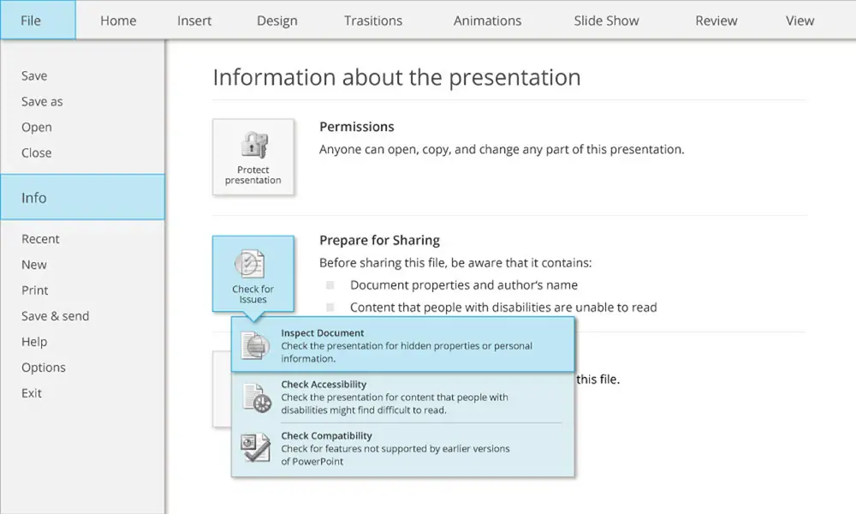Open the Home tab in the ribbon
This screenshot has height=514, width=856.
(118, 21)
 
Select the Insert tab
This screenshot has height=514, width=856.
(194, 21)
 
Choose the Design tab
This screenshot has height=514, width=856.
(277, 21)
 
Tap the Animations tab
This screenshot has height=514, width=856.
(488, 21)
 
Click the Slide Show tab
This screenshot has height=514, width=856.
(606, 21)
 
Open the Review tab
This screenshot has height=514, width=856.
(716, 21)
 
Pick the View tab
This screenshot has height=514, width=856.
(800, 21)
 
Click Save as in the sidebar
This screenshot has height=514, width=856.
(42, 102)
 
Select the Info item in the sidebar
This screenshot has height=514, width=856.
(82, 197)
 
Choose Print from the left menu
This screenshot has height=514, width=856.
(35, 290)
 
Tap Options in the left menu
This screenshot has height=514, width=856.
(44, 368)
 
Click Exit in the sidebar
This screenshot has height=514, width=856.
(32, 393)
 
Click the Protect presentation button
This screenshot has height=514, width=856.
(253, 158)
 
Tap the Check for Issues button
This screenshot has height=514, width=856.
(253, 273)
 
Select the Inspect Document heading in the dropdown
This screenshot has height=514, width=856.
(323, 333)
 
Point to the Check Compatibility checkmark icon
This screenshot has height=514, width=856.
(255, 448)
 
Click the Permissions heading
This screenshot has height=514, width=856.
(356, 127)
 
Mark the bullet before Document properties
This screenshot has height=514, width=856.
(330, 284)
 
